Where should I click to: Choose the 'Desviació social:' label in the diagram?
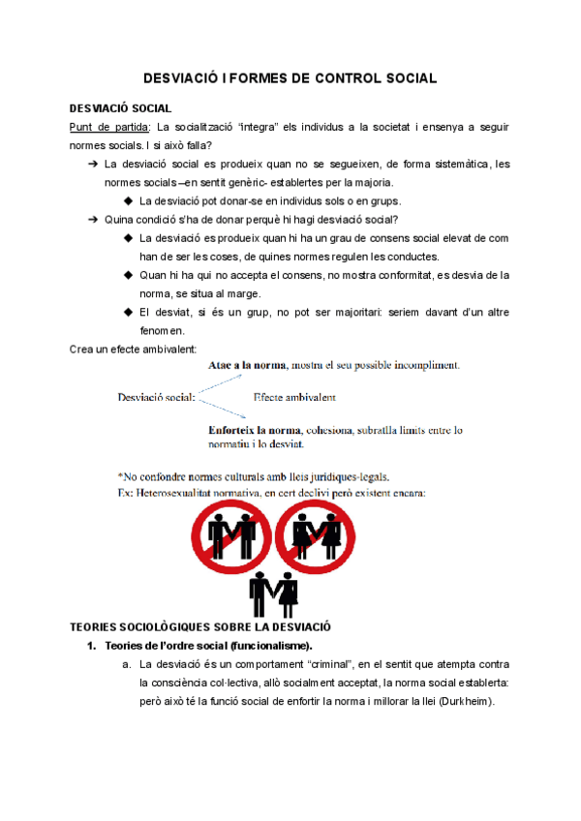click(157, 397)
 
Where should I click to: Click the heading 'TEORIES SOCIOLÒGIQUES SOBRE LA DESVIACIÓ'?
click(200, 626)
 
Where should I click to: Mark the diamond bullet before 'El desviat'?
click(129, 312)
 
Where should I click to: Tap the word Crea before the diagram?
click(83, 348)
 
